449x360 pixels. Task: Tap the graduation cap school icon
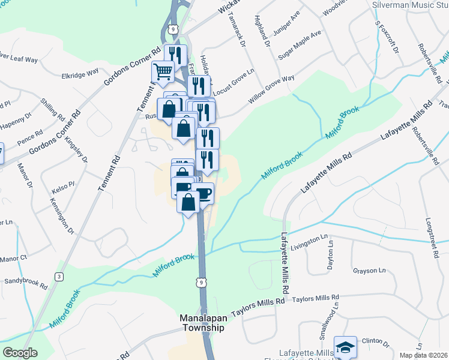point(345,347)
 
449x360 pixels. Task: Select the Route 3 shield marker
point(59,276)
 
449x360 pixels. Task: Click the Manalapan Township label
point(202,323)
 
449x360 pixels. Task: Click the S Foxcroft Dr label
point(387,39)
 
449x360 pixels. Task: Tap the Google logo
point(20,353)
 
